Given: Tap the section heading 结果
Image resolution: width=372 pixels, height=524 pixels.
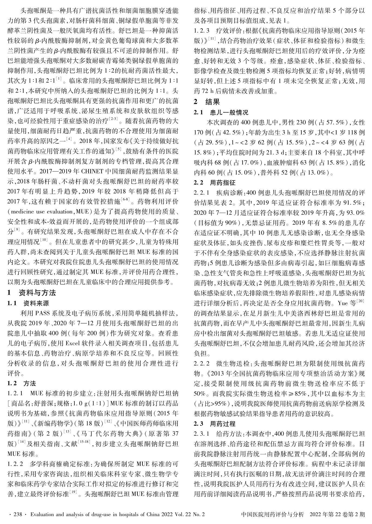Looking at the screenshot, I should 213,102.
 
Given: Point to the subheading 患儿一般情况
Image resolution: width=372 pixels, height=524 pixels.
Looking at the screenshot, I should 229,112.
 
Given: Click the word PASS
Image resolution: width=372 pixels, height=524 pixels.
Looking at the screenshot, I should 41,313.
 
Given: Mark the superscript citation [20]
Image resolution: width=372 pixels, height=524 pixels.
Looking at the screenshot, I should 361,300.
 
